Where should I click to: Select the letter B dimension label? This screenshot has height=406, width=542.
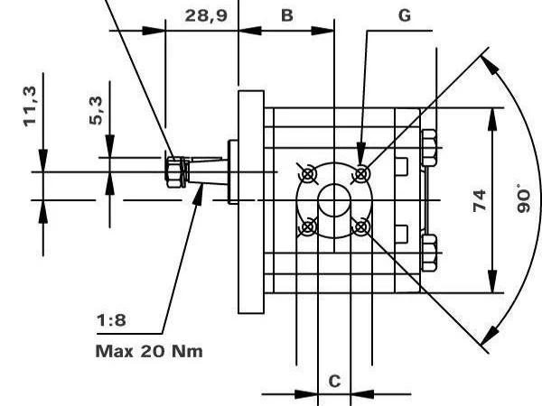pos(286,15)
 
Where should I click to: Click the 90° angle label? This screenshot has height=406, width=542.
pos(523,198)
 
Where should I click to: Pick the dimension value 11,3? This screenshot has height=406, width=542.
pos(30,106)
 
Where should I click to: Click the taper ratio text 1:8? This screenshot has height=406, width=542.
pos(111,320)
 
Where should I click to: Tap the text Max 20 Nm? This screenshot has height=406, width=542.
pos(149,350)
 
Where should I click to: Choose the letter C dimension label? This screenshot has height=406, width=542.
pos(334,381)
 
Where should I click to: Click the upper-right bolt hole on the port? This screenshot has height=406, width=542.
pos(362,172)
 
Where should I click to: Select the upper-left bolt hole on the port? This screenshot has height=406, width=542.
pos(308,172)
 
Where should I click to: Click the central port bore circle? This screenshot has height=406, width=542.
pos(335,199)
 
